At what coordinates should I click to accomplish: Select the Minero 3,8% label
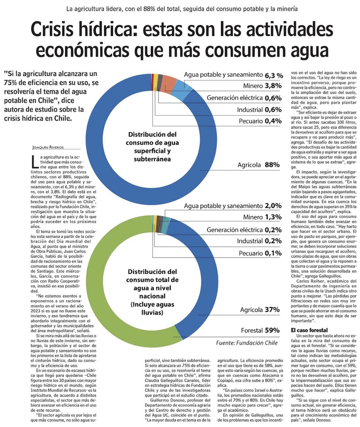point(259,86)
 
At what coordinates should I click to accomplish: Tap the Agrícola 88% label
point(258,165)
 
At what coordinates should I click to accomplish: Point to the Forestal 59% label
point(261,330)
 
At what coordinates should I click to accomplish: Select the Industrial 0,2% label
point(259,241)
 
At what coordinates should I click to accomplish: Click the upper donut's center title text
point(149,147)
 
